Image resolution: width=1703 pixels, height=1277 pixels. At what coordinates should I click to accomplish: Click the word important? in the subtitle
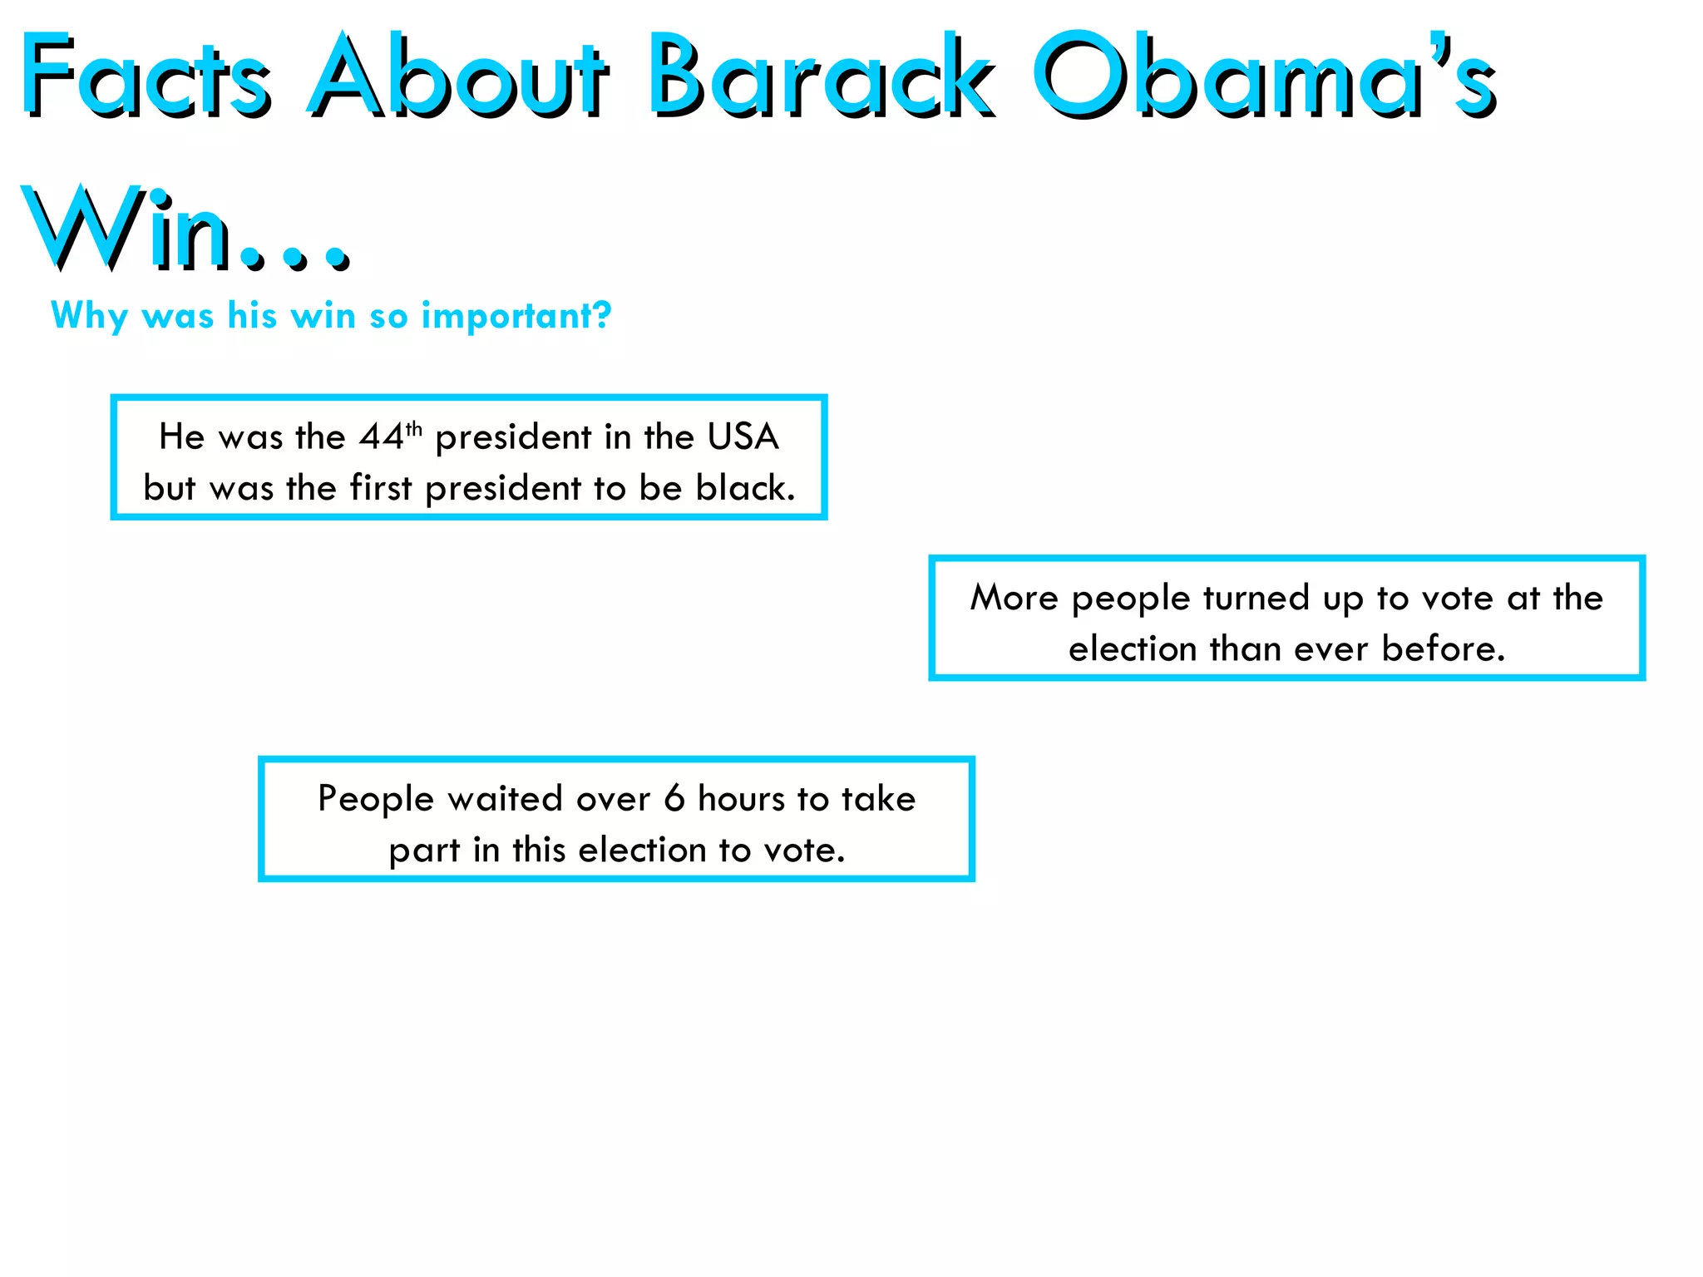click(x=516, y=316)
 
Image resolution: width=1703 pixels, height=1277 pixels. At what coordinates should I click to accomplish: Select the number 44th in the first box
click(x=389, y=436)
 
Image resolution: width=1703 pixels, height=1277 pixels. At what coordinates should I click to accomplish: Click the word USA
click(x=743, y=436)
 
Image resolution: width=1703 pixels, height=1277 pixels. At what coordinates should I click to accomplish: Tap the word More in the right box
click(x=1014, y=598)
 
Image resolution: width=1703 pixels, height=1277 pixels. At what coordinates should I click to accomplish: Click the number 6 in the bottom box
click(x=674, y=799)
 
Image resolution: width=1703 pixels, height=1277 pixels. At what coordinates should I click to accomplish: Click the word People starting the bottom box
click(x=376, y=799)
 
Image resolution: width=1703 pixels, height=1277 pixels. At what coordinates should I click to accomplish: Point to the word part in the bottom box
click(x=424, y=851)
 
